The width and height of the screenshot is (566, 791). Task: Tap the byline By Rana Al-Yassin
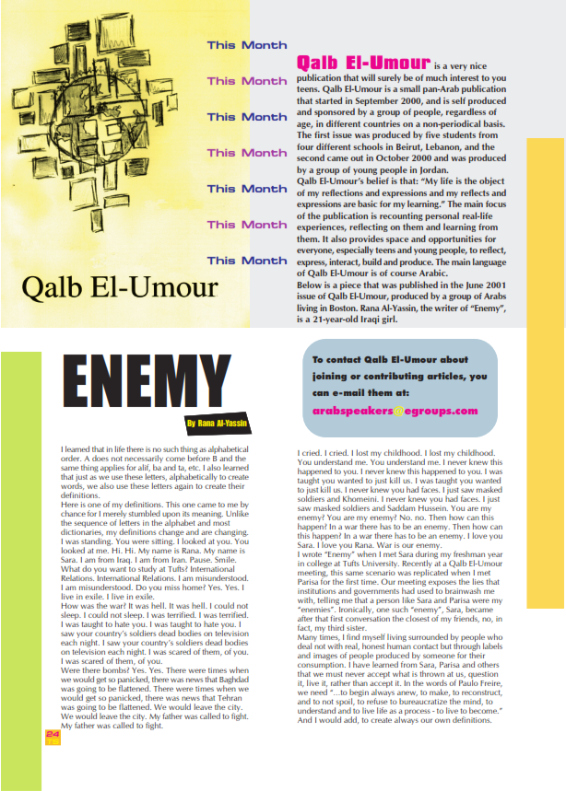click(x=218, y=424)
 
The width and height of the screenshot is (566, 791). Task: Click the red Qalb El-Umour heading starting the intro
click(x=363, y=63)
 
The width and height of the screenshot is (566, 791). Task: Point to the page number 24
click(x=53, y=733)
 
